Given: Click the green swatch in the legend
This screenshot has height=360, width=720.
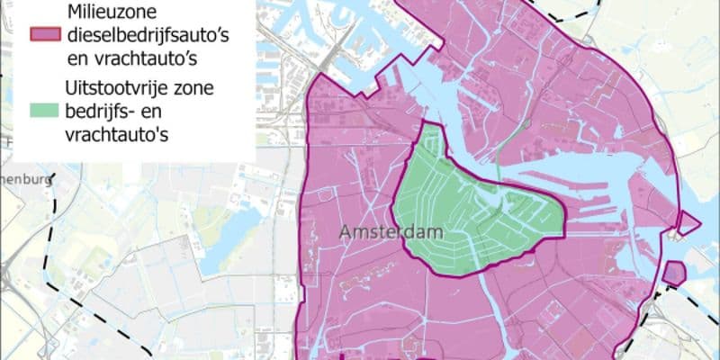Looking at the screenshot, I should [44, 112].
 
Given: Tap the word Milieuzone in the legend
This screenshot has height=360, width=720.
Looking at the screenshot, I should [113, 12].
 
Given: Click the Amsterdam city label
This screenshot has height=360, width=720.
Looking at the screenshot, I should [393, 232].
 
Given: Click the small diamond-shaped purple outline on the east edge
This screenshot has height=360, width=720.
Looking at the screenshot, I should [688, 223].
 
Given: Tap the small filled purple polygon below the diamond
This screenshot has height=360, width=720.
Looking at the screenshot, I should [674, 271].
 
